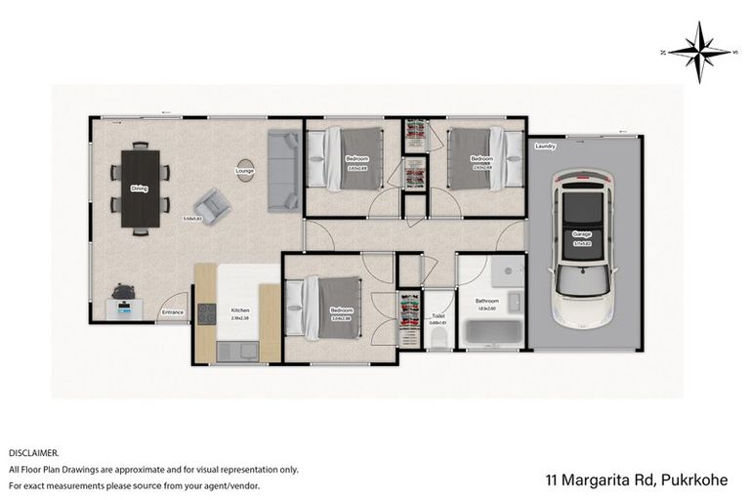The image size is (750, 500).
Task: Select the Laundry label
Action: click(545, 147)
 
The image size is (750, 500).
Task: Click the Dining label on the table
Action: click(140, 188)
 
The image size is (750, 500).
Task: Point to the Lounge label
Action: click(244, 172)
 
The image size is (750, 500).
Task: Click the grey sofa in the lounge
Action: click(282, 170)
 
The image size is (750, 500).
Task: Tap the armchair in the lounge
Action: click(210, 205)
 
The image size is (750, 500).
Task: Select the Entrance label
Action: click(173, 312)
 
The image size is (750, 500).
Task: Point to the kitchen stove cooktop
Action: click(207, 313)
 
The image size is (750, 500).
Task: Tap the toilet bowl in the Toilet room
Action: click(438, 337)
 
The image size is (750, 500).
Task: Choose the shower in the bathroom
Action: click(506, 272)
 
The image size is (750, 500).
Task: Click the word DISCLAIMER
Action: click(34, 453)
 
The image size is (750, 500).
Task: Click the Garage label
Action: click(582, 234)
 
